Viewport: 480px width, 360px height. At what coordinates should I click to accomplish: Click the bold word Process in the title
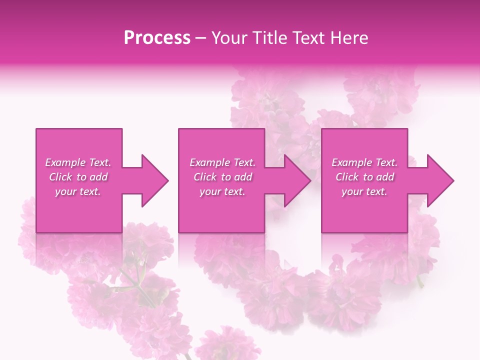[157, 38]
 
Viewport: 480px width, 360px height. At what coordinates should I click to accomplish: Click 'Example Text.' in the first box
[78, 162]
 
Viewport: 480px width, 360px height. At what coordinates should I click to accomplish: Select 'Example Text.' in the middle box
[222, 162]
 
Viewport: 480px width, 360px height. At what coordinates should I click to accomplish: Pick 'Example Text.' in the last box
[364, 162]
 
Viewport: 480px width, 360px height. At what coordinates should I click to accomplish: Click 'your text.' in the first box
[78, 191]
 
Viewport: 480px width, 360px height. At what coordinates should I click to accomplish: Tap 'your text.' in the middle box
[222, 191]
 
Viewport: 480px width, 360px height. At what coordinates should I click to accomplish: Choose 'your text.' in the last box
[364, 191]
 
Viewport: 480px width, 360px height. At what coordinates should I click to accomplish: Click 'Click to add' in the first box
[78, 177]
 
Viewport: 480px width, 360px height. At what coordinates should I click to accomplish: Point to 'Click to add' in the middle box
[222, 177]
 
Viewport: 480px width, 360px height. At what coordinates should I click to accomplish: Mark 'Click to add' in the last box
[364, 177]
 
